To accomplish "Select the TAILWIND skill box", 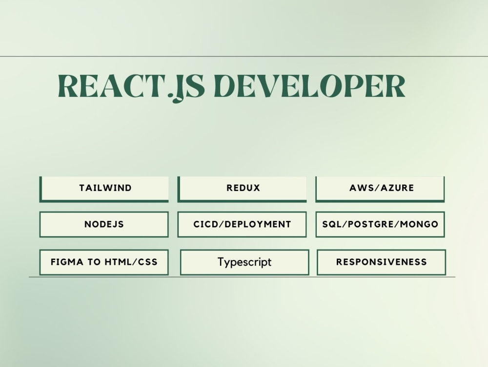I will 104,188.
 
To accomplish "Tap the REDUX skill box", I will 243,188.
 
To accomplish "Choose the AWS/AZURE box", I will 381,188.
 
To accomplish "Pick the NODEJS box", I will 104,224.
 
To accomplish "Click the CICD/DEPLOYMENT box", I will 242,224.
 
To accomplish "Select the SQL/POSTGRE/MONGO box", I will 380,224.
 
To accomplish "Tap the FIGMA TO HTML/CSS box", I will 104,262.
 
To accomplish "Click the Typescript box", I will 244,262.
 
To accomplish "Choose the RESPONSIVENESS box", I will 381,262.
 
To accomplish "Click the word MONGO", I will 421,224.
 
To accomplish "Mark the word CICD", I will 204,224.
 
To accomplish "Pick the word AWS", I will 360,188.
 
